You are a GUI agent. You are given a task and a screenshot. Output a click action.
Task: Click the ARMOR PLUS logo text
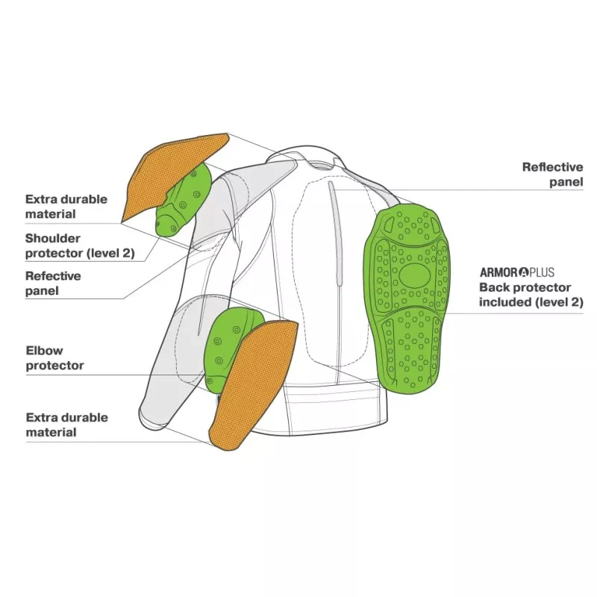pyautogui.click(x=516, y=272)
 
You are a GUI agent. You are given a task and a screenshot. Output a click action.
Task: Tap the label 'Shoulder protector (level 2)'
pyautogui.click(x=80, y=246)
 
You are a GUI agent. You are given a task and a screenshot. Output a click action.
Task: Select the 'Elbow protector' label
pyautogui.click(x=54, y=357)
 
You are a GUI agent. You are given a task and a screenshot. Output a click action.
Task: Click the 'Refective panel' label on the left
pyautogui.click(x=53, y=283)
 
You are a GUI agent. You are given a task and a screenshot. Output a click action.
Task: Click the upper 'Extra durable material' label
pyautogui.click(x=66, y=207)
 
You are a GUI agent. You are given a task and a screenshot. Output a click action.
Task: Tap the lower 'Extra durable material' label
pyautogui.click(x=66, y=425)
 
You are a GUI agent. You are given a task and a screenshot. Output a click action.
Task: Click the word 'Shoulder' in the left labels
pyautogui.click(x=54, y=239)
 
